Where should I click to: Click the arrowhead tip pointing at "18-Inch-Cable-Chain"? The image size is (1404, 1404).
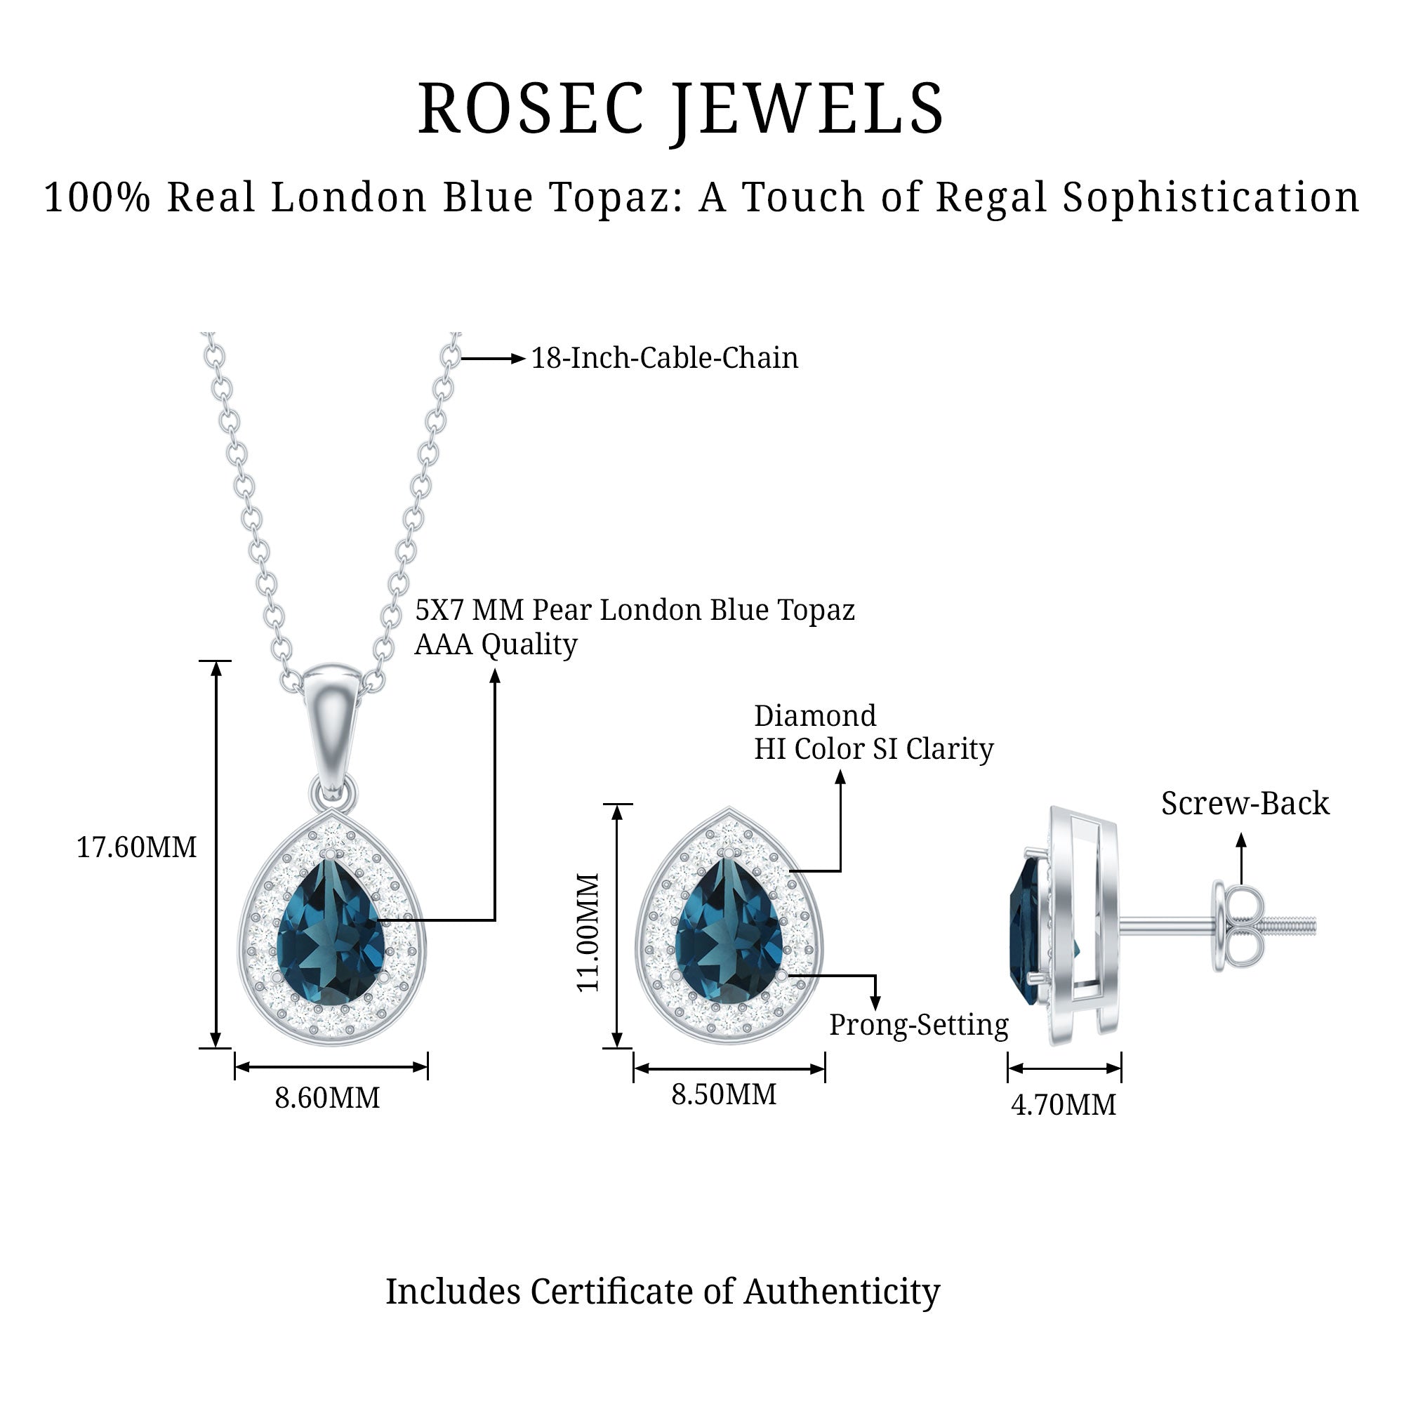tap(525, 358)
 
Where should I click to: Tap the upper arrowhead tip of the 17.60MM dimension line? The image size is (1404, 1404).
tap(216, 663)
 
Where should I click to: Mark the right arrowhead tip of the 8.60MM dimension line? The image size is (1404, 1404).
tap(427, 1067)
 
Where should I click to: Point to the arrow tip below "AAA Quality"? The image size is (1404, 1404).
tap(495, 669)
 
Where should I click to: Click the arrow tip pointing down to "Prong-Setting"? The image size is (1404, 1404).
tap(875, 1010)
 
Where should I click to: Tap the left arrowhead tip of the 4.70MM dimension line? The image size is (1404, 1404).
tap(1009, 1068)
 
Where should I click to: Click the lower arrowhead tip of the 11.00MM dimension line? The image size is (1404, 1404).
tap(617, 1047)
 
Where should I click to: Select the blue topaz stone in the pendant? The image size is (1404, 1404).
tap(331, 932)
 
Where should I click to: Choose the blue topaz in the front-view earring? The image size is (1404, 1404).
tap(729, 932)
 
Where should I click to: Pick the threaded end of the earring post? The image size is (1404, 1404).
tap(1289, 926)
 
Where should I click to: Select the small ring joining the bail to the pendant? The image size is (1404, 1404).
tap(333, 792)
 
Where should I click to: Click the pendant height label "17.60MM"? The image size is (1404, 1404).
tap(137, 847)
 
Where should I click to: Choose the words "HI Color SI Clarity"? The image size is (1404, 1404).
tap(873, 749)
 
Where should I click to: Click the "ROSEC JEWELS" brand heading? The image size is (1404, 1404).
tap(681, 109)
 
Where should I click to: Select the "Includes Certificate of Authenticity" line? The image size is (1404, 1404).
tap(662, 1292)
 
